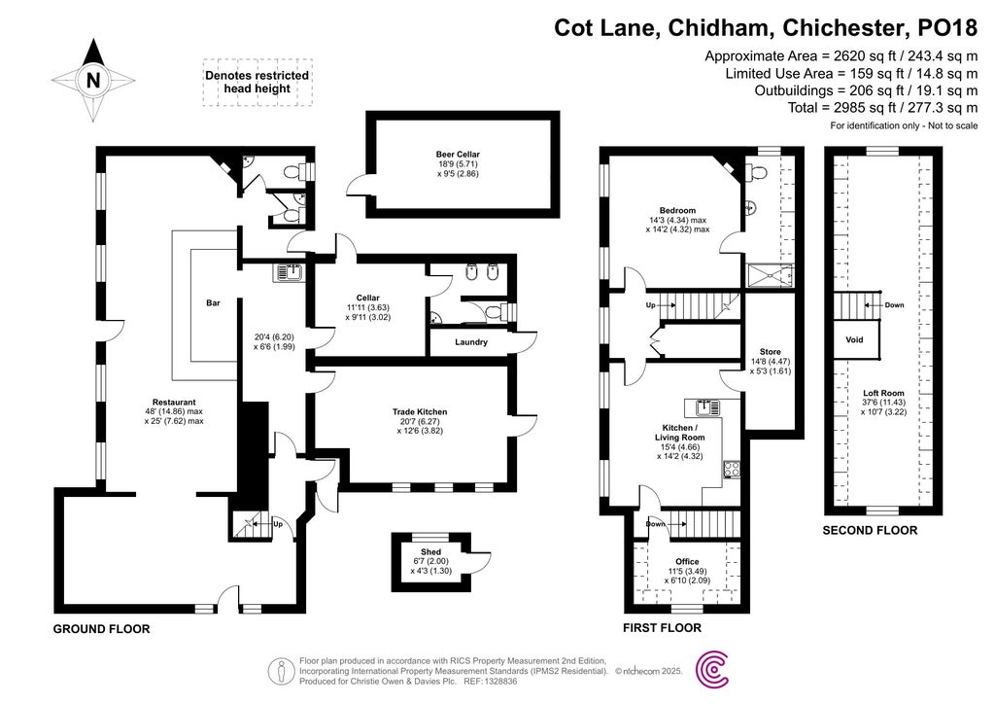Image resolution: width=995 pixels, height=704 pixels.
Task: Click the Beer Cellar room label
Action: point(458,155)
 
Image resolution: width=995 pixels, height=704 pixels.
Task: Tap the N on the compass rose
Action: point(93,81)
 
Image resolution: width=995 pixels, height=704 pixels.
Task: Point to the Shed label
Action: point(430,551)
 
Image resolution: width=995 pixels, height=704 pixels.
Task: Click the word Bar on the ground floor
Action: point(213,303)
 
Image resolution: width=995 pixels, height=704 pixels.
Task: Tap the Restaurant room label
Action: point(174,402)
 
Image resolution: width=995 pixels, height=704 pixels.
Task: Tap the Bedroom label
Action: point(677,211)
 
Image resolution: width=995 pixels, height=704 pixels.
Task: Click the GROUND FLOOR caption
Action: point(101,629)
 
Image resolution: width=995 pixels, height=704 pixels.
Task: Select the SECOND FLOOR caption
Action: point(870,531)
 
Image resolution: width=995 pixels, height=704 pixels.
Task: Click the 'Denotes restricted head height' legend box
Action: point(257,82)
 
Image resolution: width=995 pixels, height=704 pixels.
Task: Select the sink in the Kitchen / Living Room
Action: point(702,405)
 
